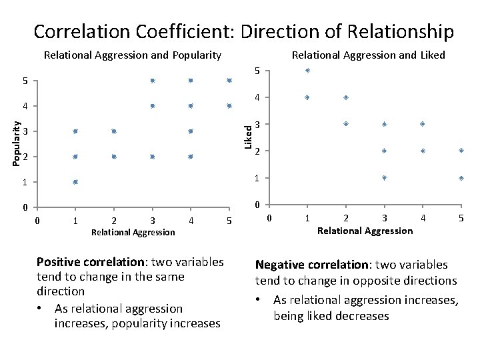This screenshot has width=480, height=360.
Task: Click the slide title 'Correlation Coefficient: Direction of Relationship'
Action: (243, 31)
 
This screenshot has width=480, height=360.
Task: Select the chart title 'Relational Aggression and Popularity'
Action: (132, 55)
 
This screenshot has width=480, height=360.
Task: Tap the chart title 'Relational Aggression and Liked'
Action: (369, 55)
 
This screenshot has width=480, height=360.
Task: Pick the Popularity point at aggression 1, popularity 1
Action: (75, 182)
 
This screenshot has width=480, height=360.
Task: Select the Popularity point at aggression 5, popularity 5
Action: (229, 81)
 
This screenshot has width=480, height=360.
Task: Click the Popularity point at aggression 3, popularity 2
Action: (153, 157)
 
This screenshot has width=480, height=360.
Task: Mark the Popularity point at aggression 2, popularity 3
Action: (114, 131)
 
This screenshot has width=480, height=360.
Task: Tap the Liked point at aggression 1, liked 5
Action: (307, 70)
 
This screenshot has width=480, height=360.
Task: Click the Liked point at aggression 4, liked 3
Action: (423, 124)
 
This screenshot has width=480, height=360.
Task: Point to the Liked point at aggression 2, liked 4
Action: (345, 97)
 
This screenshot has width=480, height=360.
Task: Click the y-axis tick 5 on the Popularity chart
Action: (25, 81)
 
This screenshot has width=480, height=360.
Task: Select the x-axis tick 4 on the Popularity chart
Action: (191, 221)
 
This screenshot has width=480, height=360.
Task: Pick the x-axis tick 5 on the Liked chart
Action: (461, 218)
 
